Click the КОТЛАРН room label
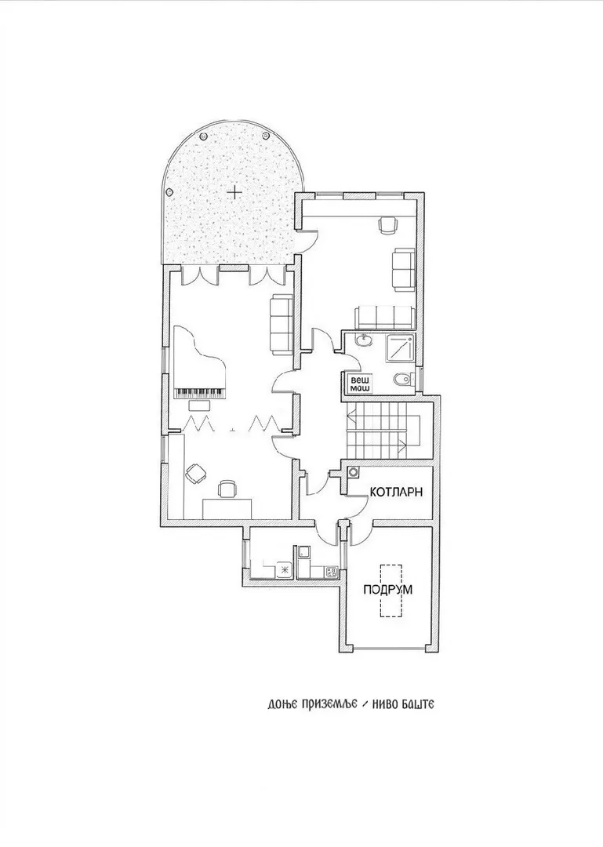pyautogui.click(x=395, y=492)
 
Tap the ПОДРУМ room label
pyautogui.click(x=387, y=589)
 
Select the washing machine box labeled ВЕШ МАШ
pyautogui.click(x=356, y=384)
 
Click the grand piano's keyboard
pyautogui.click(x=199, y=393)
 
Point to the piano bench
pyautogui.click(x=199, y=405)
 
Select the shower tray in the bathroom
pyautogui.click(x=399, y=349)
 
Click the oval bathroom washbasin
pyautogui.click(x=364, y=340)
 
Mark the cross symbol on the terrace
pyautogui.click(x=234, y=192)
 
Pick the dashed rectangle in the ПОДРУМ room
pyautogui.click(x=390, y=591)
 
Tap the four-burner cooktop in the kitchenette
pyautogui.click(x=332, y=572)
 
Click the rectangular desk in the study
pyautogui.click(x=227, y=509)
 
